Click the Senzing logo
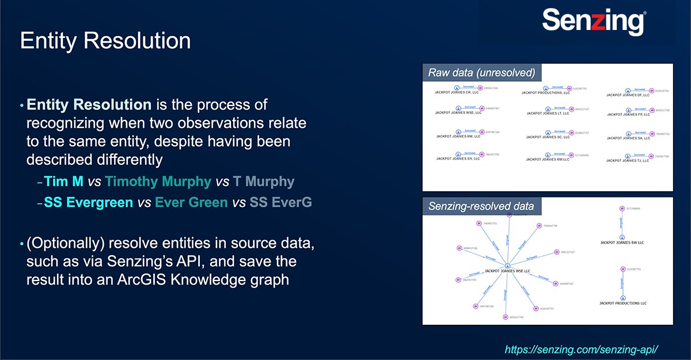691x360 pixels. click(x=593, y=22)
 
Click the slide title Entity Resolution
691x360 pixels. click(x=105, y=41)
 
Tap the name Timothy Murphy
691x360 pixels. click(x=158, y=182)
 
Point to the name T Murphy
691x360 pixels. click(x=263, y=182)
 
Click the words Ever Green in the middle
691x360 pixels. click(x=191, y=203)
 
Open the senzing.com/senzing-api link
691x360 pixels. click(x=581, y=350)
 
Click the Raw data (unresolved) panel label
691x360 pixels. click(x=481, y=73)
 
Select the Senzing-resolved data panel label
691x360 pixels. click(x=481, y=206)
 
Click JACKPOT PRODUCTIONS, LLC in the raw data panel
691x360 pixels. click(x=545, y=92)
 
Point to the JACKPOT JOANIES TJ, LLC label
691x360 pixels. click(x=628, y=161)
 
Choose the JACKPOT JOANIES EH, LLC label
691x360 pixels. click(x=458, y=158)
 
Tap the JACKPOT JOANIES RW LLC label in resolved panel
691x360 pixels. click(x=622, y=242)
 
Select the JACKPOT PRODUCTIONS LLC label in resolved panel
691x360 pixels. click(x=622, y=303)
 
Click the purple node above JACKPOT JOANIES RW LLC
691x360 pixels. click(x=622, y=209)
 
